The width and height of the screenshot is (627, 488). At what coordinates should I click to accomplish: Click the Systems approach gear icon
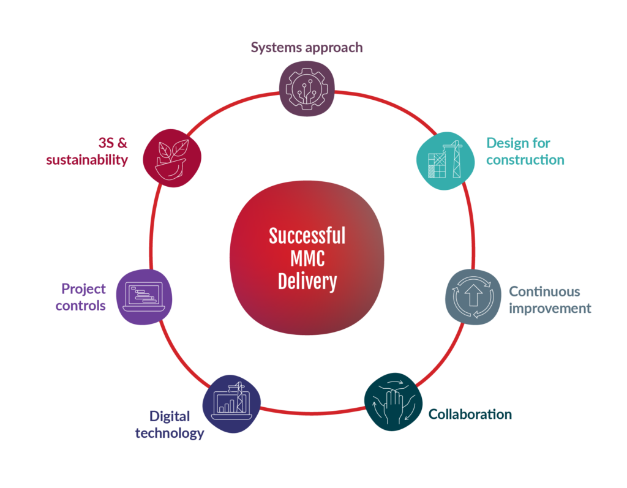[307, 89]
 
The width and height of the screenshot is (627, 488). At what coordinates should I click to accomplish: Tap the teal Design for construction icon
[446, 161]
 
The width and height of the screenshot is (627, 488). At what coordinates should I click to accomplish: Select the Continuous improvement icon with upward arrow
[473, 297]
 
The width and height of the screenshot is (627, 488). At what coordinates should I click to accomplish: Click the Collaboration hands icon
[393, 402]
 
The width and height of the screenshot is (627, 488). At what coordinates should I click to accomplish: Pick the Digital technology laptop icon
[231, 404]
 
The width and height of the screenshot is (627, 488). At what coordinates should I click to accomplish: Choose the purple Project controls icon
[144, 297]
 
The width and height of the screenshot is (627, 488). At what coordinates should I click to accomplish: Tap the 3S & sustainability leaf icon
[172, 158]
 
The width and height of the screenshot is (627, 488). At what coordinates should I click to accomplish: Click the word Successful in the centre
[307, 236]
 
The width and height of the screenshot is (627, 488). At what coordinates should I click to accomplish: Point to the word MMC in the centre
[307, 258]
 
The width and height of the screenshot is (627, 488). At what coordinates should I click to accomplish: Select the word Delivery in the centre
[307, 282]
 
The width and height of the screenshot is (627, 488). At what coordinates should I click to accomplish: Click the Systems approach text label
[307, 48]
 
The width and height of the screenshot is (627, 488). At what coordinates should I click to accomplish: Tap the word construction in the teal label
[525, 160]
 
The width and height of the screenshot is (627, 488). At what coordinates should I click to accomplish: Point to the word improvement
[550, 309]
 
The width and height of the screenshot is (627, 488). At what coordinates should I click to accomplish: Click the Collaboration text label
[470, 415]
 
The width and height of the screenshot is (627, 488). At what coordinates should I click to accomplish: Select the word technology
[170, 434]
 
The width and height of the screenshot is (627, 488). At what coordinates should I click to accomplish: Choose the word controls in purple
[80, 306]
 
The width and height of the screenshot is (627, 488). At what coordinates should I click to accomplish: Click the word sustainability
[87, 160]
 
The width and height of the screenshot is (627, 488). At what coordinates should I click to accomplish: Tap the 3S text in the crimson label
[107, 143]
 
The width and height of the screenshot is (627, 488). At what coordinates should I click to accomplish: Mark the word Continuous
[544, 291]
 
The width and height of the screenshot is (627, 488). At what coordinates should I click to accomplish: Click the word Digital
[170, 417]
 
